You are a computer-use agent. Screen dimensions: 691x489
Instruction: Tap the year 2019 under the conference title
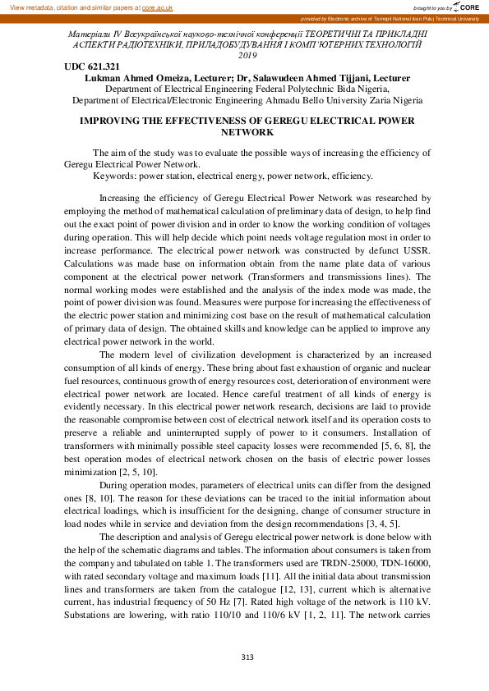click(247, 56)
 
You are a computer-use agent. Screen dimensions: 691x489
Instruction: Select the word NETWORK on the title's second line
click(247, 131)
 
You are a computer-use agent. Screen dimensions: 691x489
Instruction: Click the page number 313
click(247, 657)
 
